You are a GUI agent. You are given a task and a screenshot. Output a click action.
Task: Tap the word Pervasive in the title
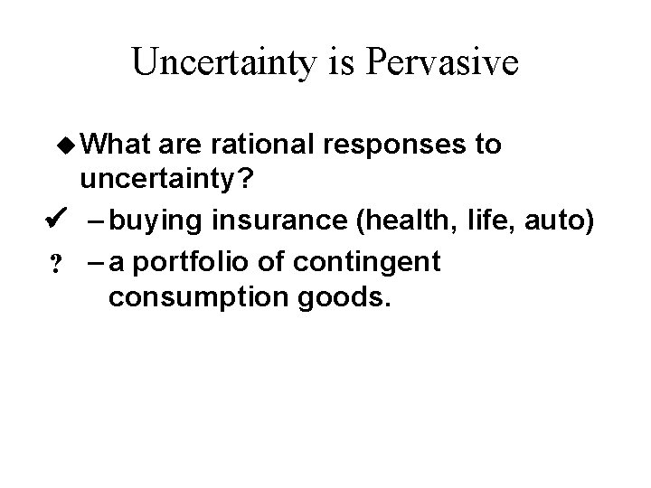tap(441, 62)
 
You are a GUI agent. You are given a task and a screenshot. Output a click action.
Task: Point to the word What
tap(116, 145)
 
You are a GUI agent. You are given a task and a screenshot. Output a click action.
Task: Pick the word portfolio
tap(194, 262)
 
